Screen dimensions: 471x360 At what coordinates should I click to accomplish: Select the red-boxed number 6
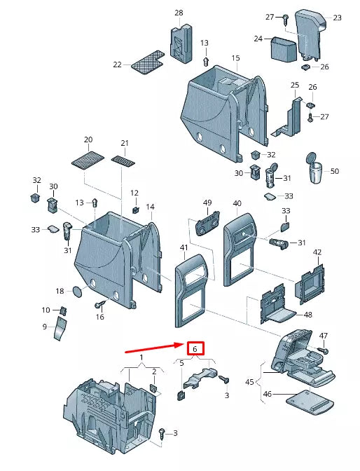pyautogui.click(x=195, y=348)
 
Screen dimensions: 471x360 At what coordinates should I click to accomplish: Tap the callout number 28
pyautogui.click(x=179, y=13)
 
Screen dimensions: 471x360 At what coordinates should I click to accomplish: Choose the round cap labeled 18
pyautogui.click(x=78, y=291)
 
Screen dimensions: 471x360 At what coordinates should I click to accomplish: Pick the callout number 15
pyautogui.click(x=235, y=57)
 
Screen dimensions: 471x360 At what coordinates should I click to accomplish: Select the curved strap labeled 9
pyautogui.click(x=61, y=329)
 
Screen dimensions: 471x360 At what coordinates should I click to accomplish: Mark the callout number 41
pyautogui.click(x=184, y=248)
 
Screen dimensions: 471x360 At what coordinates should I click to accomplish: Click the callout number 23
pyautogui.click(x=337, y=18)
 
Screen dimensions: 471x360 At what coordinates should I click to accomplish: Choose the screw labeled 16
pyautogui.click(x=99, y=304)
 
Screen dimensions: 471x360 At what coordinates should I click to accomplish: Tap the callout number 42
pyautogui.click(x=317, y=252)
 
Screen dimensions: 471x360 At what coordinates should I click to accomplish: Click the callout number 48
pyautogui.click(x=309, y=315)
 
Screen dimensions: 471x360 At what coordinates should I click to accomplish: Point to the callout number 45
pyautogui.click(x=249, y=381)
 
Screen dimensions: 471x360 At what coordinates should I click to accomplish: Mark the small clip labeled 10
pyautogui.click(x=64, y=310)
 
